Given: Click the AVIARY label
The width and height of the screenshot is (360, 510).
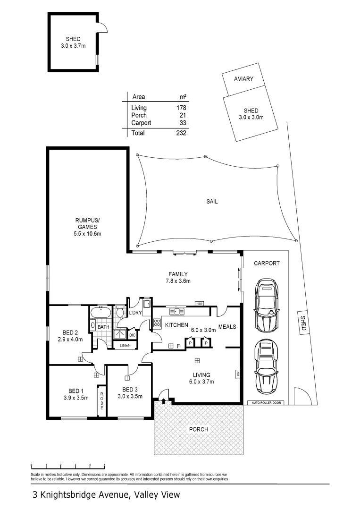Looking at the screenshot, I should pos(243,79).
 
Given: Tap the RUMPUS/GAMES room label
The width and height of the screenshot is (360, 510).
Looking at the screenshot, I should pos(88,227).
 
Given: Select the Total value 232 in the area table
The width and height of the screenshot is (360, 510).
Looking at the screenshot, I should pos(181,133).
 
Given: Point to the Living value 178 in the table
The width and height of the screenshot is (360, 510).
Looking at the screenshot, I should pos(181,108).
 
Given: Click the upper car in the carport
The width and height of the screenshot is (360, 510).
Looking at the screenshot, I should pos(267,305).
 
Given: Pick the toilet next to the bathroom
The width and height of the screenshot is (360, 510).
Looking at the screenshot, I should pos(120,312).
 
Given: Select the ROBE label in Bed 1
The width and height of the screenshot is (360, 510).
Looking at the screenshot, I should pos(101,401).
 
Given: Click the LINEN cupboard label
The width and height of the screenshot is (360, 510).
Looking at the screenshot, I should pos(125,345).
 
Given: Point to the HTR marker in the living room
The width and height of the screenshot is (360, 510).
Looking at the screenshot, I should pos(237,375).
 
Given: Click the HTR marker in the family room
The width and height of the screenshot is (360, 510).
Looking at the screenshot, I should pos(199,303).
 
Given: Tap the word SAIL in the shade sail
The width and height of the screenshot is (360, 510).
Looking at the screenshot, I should pos(212,201).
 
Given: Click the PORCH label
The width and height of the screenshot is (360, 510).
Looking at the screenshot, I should pos(198,429).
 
